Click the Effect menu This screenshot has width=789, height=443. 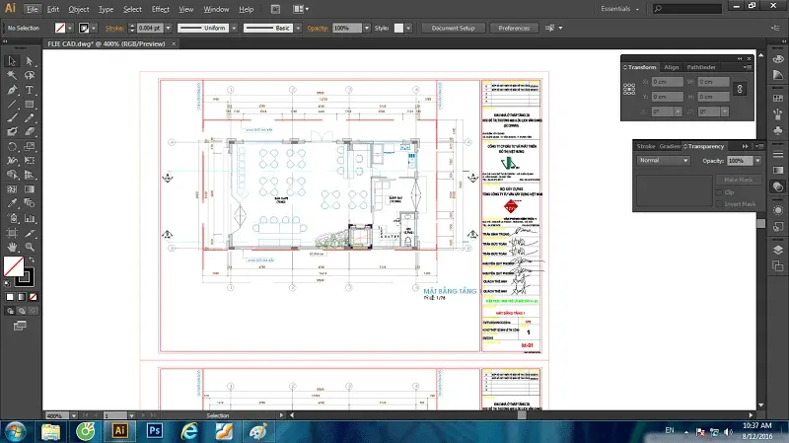click(x=160, y=9)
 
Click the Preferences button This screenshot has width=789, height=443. click(x=514, y=29)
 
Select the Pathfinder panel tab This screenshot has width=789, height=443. click(x=702, y=66)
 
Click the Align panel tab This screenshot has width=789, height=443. click(x=672, y=66)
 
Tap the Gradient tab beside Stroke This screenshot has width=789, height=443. click(x=671, y=146)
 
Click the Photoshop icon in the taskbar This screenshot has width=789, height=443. click(x=154, y=430)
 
